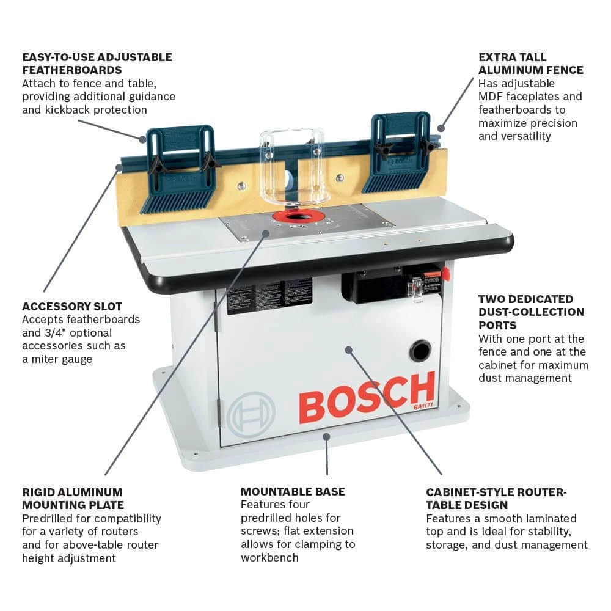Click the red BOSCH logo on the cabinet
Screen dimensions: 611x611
[x=367, y=398]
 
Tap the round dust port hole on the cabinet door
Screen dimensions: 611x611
[x=420, y=351]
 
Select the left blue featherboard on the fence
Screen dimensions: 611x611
[x=181, y=168]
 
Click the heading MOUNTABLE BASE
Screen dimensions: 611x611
[x=293, y=491]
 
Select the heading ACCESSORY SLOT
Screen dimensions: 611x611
[x=72, y=306]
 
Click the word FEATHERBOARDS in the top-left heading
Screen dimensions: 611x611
[x=72, y=70]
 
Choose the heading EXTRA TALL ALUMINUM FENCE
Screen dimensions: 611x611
[x=530, y=64]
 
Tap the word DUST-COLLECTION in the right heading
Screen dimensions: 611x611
[x=531, y=312]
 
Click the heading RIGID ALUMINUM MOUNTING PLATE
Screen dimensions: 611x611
[x=73, y=498]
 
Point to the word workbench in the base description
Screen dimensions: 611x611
[x=269, y=557]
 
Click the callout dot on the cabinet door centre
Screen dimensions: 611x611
[x=349, y=350]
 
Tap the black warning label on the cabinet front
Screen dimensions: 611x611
[x=269, y=295]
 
